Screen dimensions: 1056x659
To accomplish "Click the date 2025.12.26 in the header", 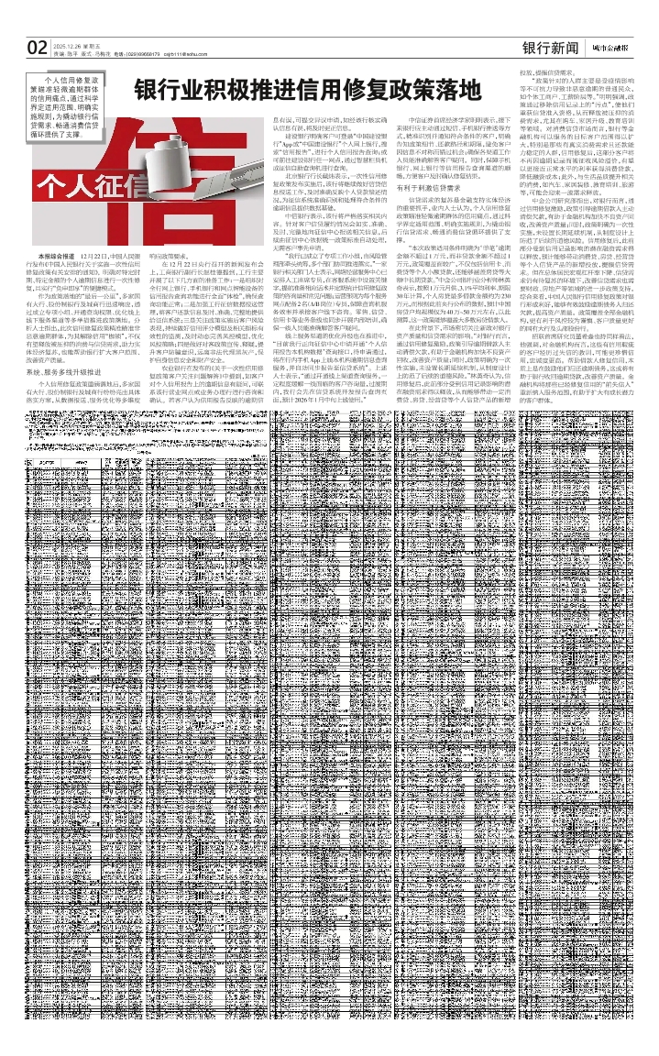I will [x=69, y=44].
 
